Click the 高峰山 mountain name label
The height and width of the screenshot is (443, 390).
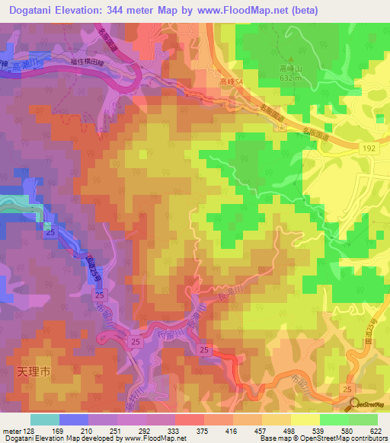[x=290, y=68]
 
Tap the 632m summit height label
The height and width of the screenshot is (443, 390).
[x=290, y=78]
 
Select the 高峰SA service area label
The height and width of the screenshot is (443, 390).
[x=230, y=81]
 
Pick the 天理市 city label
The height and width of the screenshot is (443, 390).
[x=34, y=373]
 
